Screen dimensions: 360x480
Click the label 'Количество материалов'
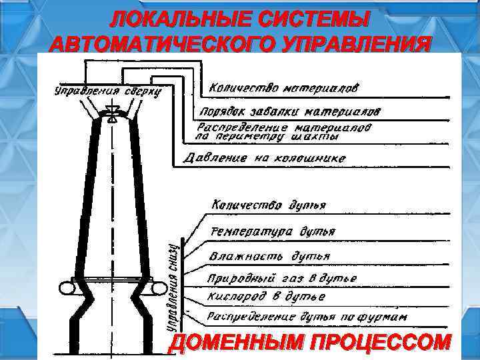point(285,88)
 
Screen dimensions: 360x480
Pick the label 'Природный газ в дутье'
point(283,277)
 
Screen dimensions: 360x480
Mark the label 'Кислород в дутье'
point(267,295)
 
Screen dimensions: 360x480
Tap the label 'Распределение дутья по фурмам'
point(307,315)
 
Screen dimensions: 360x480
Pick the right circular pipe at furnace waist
point(161,289)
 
